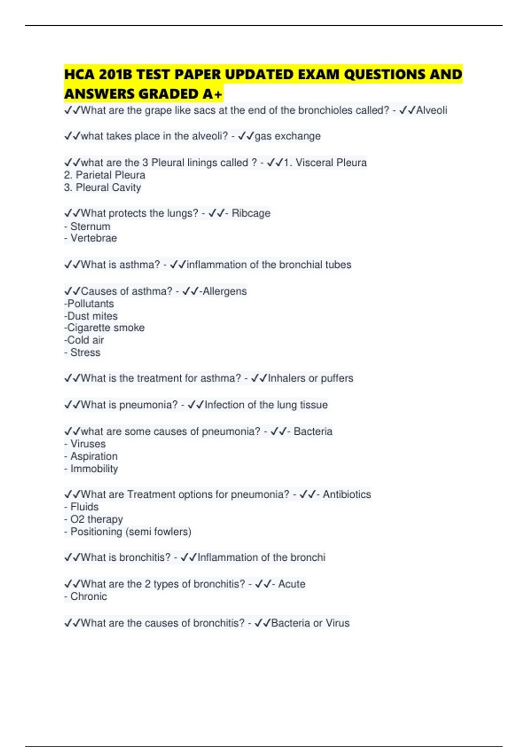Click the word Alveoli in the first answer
click(432, 110)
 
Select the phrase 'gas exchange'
click(288, 136)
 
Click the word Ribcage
click(251, 213)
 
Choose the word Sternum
click(90, 226)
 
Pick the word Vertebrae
click(94, 238)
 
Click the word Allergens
click(224, 291)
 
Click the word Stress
click(85, 352)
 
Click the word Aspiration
click(94, 456)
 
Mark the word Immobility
click(94, 469)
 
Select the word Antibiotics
click(347, 494)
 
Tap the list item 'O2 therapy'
click(96, 519)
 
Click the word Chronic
click(88, 597)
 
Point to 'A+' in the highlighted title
click(213, 94)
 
